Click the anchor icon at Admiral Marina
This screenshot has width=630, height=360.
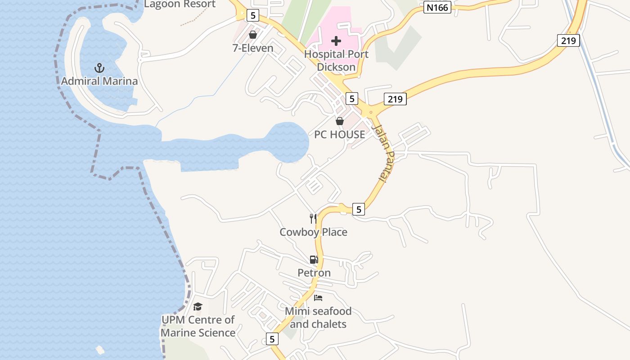[x=99, y=68]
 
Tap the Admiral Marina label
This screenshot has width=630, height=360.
[x=99, y=81]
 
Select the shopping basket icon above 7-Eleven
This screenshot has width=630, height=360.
[x=253, y=35]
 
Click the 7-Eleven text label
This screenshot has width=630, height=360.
[x=253, y=48]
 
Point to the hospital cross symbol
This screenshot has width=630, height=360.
[x=336, y=41]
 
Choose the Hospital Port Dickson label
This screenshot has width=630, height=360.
[x=336, y=61]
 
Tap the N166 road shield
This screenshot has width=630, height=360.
[x=437, y=7]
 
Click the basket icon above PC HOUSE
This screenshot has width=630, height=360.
[x=340, y=121]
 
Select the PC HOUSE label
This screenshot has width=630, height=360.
[x=340, y=135]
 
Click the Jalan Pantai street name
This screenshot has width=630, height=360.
[x=381, y=153]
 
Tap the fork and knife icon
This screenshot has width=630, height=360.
[x=313, y=219]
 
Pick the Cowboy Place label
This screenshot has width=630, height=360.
[x=313, y=232]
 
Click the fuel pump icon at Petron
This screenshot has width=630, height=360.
[x=314, y=259]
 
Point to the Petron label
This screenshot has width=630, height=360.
[x=314, y=273]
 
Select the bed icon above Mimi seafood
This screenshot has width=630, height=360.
[x=318, y=298]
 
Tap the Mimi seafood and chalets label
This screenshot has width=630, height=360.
[x=318, y=318]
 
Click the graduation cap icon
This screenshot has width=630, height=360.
[x=198, y=307]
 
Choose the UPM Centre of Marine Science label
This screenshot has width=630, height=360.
[x=198, y=326]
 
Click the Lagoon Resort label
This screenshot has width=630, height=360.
[x=180, y=4]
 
